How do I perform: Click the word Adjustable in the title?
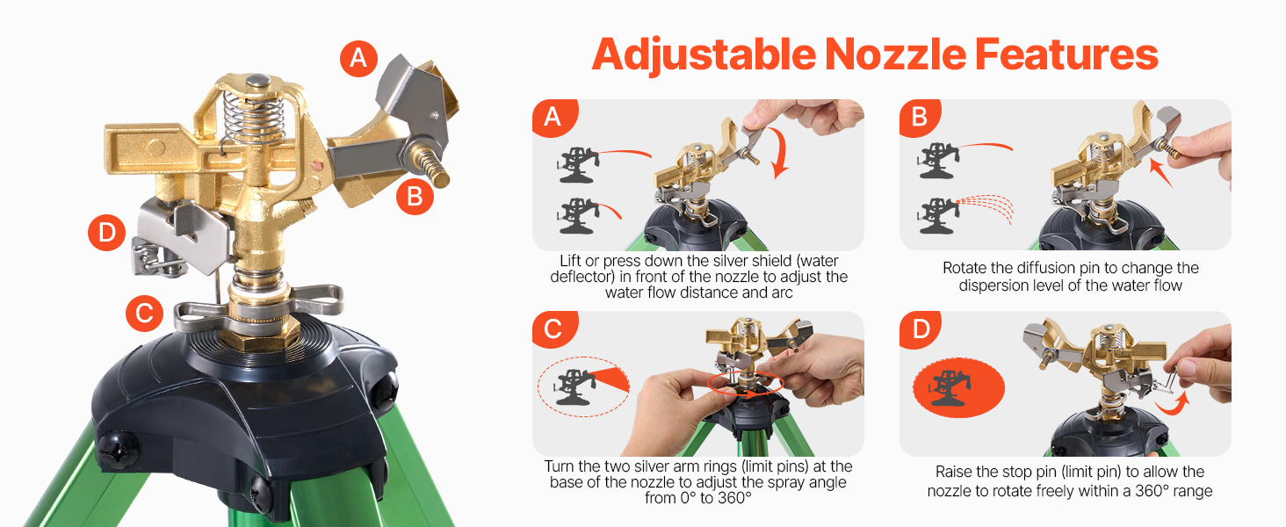pyautogui.click(x=704, y=55)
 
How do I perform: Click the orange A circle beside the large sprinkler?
pyautogui.click(x=358, y=58)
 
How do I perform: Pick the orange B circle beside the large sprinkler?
pyautogui.click(x=415, y=197)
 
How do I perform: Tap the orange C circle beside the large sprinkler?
pyautogui.click(x=144, y=313)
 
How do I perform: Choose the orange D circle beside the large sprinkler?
pyautogui.click(x=106, y=233)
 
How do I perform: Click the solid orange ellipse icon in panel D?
pyautogui.click(x=958, y=388)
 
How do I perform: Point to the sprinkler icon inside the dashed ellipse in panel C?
pyautogui.click(x=574, y=386)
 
